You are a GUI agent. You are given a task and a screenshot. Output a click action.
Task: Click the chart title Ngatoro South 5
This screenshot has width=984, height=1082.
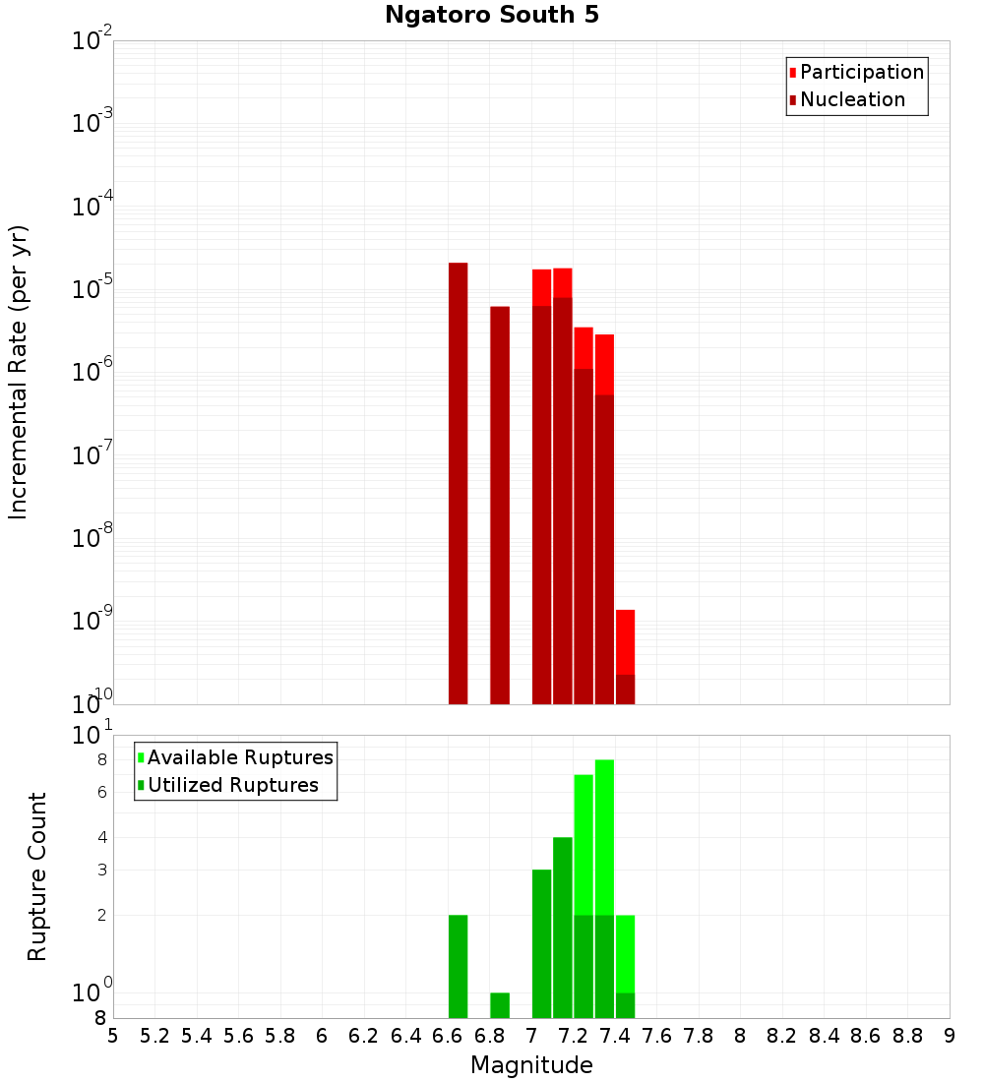(x=491, y=16)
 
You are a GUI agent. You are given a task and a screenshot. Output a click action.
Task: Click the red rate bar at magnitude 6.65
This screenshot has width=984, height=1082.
(x=458, y=482)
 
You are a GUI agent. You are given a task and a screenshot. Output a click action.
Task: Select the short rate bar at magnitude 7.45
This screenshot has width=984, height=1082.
(x=625, y=656)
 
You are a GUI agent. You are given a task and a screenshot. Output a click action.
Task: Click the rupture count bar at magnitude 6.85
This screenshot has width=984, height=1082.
(x=500, y=1005)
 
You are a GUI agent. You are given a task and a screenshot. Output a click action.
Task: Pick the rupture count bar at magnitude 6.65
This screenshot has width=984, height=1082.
(x=458, y=966)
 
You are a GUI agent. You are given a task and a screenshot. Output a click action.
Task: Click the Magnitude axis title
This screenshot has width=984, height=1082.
(x=531, y=1065)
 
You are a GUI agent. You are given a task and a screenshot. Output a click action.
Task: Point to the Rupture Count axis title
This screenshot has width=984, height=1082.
(x=37, y=876)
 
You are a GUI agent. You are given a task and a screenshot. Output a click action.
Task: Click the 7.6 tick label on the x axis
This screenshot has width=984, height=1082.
(x=657, y=1036)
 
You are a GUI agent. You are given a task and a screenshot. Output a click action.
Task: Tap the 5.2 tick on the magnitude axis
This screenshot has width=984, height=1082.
(x=155, y=1036)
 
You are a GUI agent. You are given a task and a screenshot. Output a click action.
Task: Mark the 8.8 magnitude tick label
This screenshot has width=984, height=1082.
(x=908, y=1036)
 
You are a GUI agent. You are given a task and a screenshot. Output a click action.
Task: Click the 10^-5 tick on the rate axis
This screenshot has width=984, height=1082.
(x=92, y=289)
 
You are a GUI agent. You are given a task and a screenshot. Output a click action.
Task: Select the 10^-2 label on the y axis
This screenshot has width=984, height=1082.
(x=92, y=41)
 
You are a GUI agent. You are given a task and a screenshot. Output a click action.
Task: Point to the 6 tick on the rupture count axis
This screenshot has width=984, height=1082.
(x=101, y=792)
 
